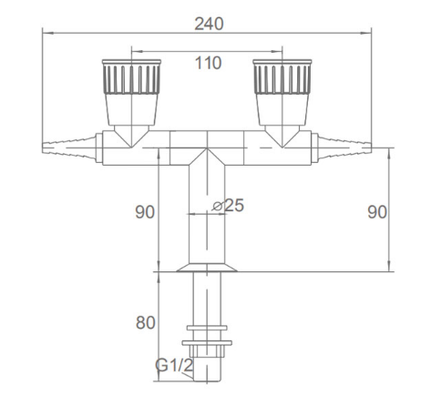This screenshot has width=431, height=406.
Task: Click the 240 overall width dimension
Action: [x=209, y=24]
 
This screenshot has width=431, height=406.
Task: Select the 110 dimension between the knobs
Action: [x=208, y=63]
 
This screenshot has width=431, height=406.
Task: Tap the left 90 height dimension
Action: [x=145, y=212]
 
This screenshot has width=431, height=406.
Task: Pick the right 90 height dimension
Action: [x=377, y=212]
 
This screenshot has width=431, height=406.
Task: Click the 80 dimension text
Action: [x=145, y=322]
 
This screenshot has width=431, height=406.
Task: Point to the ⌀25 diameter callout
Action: [x=229, y=206]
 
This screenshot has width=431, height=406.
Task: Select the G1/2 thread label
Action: [x=174, y=365]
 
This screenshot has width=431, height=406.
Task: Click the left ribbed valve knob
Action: [x=131, y=77]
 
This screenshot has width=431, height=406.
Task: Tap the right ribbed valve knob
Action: [x=282, y=77]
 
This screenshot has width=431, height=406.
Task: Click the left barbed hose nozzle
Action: [x=69, y=147]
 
